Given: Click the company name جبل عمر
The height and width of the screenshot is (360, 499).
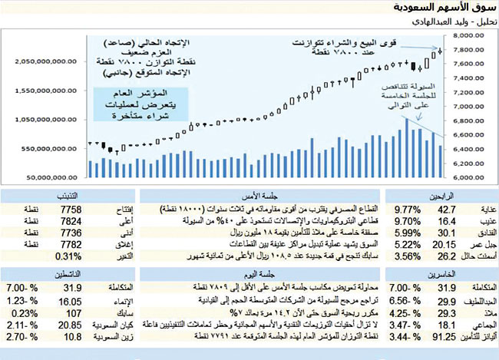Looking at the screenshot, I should pyautogui.click(x=478, y=244).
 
